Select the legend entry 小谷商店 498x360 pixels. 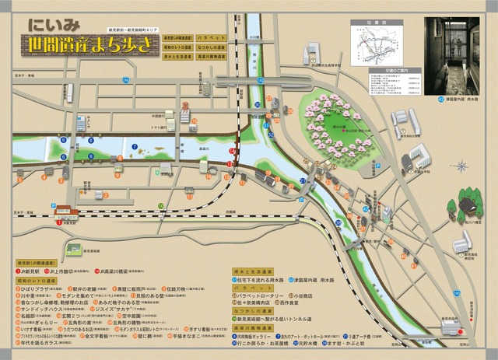point(302,295)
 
